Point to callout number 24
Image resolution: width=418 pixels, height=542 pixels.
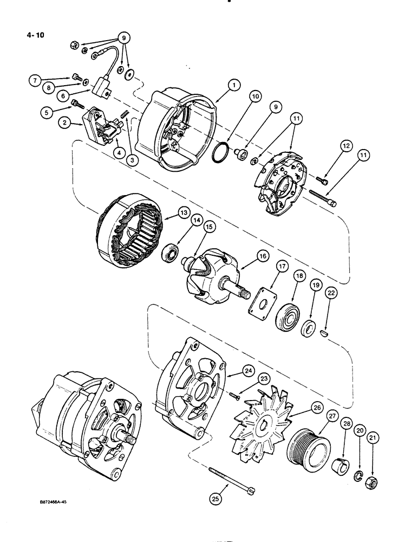pos(248,371)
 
